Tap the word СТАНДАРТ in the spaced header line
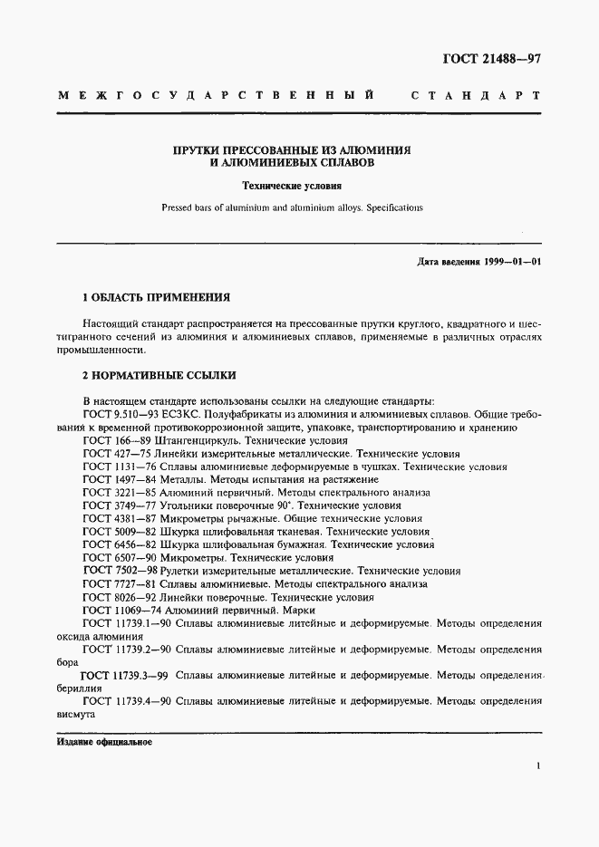click(x=476, y=95)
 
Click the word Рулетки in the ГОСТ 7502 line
click(x=179, y=572)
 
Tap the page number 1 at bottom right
click(x=538, y=767)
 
